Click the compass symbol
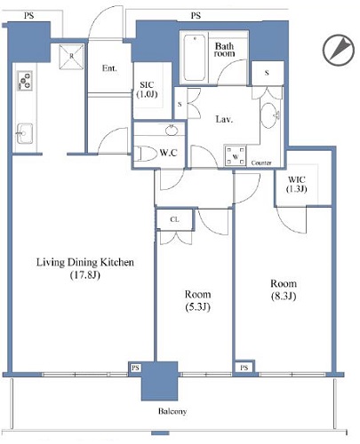[x=339, y=50]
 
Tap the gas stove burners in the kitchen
[x=25, y=81]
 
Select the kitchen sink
[x=25, y=134]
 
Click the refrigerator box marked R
[x=71, y=57]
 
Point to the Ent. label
[x=109, y=68]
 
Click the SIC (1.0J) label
[x=147, y=90]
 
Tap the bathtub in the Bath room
[x=195, y=58]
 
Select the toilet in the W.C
[x=146, y=154]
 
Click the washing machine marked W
[x=236, y=156]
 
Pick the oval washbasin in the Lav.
[x=269, y=115]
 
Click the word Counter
[x=261, y=163]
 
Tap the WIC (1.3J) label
[x=297, y=184]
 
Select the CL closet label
[x=174, y=219]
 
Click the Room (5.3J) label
[x=197, y=300]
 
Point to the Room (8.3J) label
[x=284, y=289]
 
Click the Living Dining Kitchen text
[x=85, y=262]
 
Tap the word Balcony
[x=172, y=411]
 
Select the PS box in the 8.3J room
[x=244, y=368]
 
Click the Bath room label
[x=224, y=50]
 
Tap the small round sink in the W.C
[x=172, y=130]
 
